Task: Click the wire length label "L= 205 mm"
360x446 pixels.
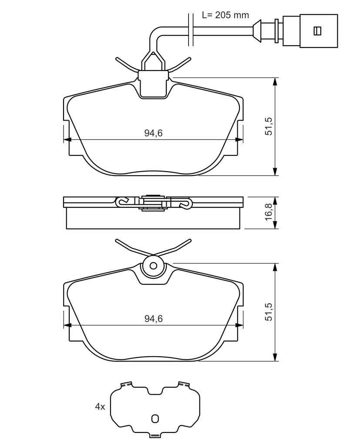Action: [x=225, y=15]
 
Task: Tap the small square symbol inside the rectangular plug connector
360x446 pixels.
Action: [x=317, y=31]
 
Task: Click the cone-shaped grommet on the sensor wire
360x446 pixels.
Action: [x=257, y=31]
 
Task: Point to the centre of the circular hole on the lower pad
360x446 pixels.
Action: [x=154, y=266]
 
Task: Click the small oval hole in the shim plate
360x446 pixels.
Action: [x=155, y=419]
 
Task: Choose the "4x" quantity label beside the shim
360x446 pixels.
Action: [x=100, y=407]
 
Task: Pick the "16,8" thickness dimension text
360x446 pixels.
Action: [x=269, y=213]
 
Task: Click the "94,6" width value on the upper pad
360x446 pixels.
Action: [x=153, y=133]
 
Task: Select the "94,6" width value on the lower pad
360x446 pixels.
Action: [x=153, y=318]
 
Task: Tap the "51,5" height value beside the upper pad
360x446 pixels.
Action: [x=269, y=126]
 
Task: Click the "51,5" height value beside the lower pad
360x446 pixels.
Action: [x=269, y=312]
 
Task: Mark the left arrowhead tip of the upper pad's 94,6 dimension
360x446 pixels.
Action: [x=64, y=139]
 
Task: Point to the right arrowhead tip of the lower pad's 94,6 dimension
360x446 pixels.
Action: [x=243, y=325]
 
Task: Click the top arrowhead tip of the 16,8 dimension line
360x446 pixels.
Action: [x=275, y=196]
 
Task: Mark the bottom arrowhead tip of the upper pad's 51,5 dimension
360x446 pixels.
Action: [x=275, y=176]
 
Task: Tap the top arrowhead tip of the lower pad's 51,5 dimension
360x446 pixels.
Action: [x=275, y=263]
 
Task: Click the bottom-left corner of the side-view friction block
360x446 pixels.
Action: [x=66, y=228]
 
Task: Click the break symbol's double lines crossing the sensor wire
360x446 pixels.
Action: [x=191, y=29]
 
